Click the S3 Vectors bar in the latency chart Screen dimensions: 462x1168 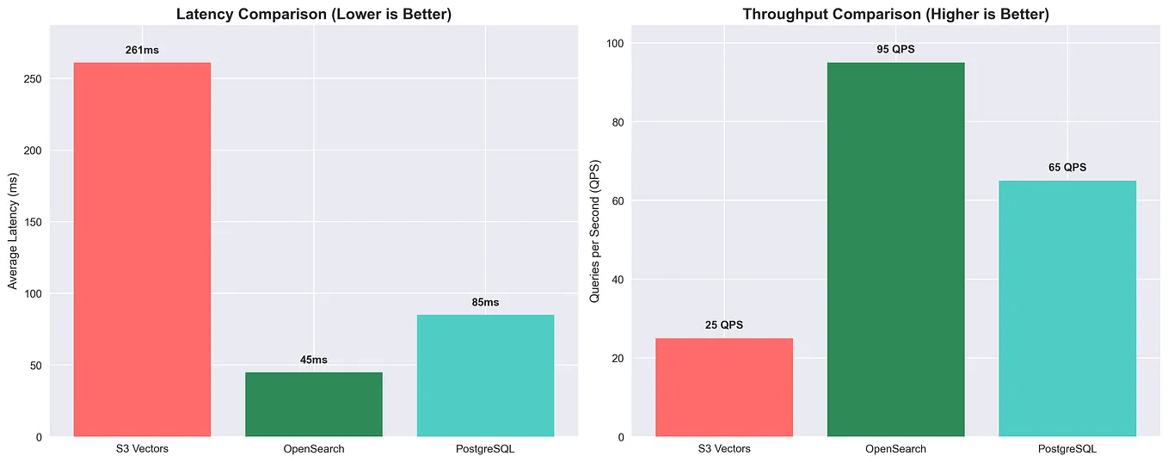point(142,249)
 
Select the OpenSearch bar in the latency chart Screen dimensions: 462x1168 point(314,404)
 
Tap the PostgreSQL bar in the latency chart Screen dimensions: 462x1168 point(485,376)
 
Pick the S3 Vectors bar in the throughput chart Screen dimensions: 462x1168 point(724,387)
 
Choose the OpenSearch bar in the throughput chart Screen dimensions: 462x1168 point(895,249)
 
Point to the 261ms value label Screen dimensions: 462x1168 point(142,50)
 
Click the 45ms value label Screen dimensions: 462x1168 point(314,360)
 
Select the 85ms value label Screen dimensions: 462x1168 point(485,302)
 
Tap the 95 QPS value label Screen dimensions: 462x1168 point(895,49)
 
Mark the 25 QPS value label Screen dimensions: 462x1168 point(724,325)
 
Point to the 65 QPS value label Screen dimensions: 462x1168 point(1067,168)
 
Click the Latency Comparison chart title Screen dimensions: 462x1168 point(314,14)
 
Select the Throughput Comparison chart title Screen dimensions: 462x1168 point(895,14)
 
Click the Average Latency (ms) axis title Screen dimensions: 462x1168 point(13,230)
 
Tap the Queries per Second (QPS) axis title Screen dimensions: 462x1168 point(594,230)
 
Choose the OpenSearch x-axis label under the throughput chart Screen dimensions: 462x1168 point(895,449)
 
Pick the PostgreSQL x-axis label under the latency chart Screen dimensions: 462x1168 point(485,449)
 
